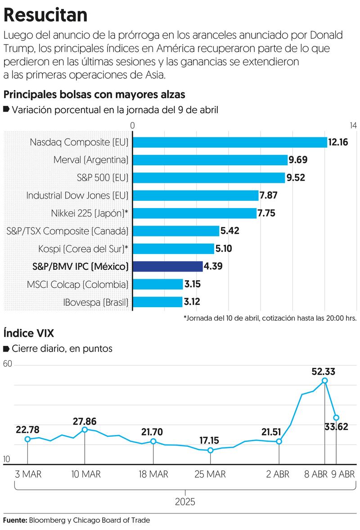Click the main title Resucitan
click(45, 15)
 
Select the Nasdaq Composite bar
click(230, 142)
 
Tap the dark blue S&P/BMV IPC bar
click(168, 266)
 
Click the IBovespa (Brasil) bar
click(157, 302)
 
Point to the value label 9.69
click(299, 160)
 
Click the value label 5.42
click(229, 231)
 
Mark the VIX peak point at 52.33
click(325, 381)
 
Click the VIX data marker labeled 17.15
click(210, 450)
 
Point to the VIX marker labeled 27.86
click(85, 430)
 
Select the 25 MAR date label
click(210, 474)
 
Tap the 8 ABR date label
click(315, 474)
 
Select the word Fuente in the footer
click(15, 521)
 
